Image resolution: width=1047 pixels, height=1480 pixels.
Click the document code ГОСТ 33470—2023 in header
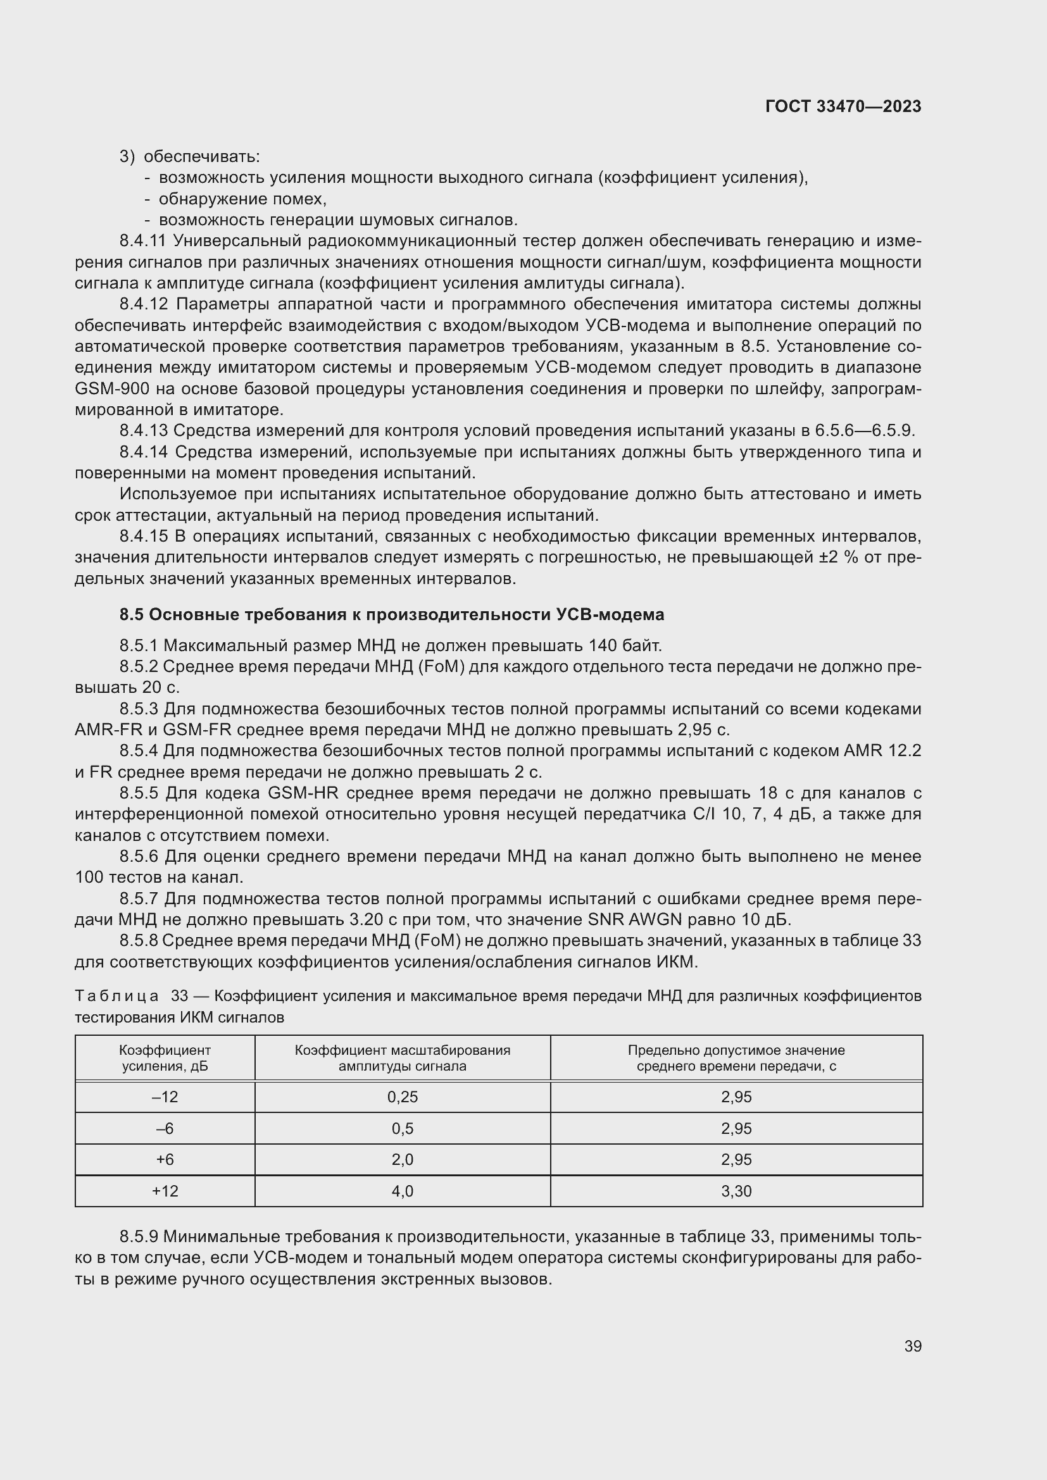(x=843, y=107)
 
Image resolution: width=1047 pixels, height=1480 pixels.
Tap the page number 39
(x=912, y=1346)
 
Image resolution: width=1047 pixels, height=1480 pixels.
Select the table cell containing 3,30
(x=736, y=1191)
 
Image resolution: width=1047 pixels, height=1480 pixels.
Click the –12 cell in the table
(x=165, y=1097)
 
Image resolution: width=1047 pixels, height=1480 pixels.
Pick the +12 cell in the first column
(x=165, y=1191)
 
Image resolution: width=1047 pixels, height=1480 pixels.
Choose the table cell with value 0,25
(x=403, y=1097)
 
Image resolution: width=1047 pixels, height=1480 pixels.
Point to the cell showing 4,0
(x=403, y=1191)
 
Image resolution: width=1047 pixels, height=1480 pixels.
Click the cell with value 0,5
(x=403, y=1129)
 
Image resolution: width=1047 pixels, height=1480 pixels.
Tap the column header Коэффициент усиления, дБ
(x=165, y=1058)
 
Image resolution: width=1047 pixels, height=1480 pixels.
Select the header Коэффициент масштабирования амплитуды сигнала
(x=403, y=1058)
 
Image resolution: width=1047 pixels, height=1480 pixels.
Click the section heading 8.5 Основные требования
(x=391, y=615)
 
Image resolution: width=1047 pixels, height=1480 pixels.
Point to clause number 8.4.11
(x=142, y=241)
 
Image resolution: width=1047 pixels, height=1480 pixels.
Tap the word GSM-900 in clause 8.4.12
(x=111, y=389)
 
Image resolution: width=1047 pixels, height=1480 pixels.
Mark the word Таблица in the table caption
(x=116, y=997)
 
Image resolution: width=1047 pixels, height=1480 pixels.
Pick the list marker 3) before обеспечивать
(x=127, y=157)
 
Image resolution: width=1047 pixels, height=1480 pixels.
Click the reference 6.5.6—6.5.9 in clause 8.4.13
(x=864, y=431)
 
